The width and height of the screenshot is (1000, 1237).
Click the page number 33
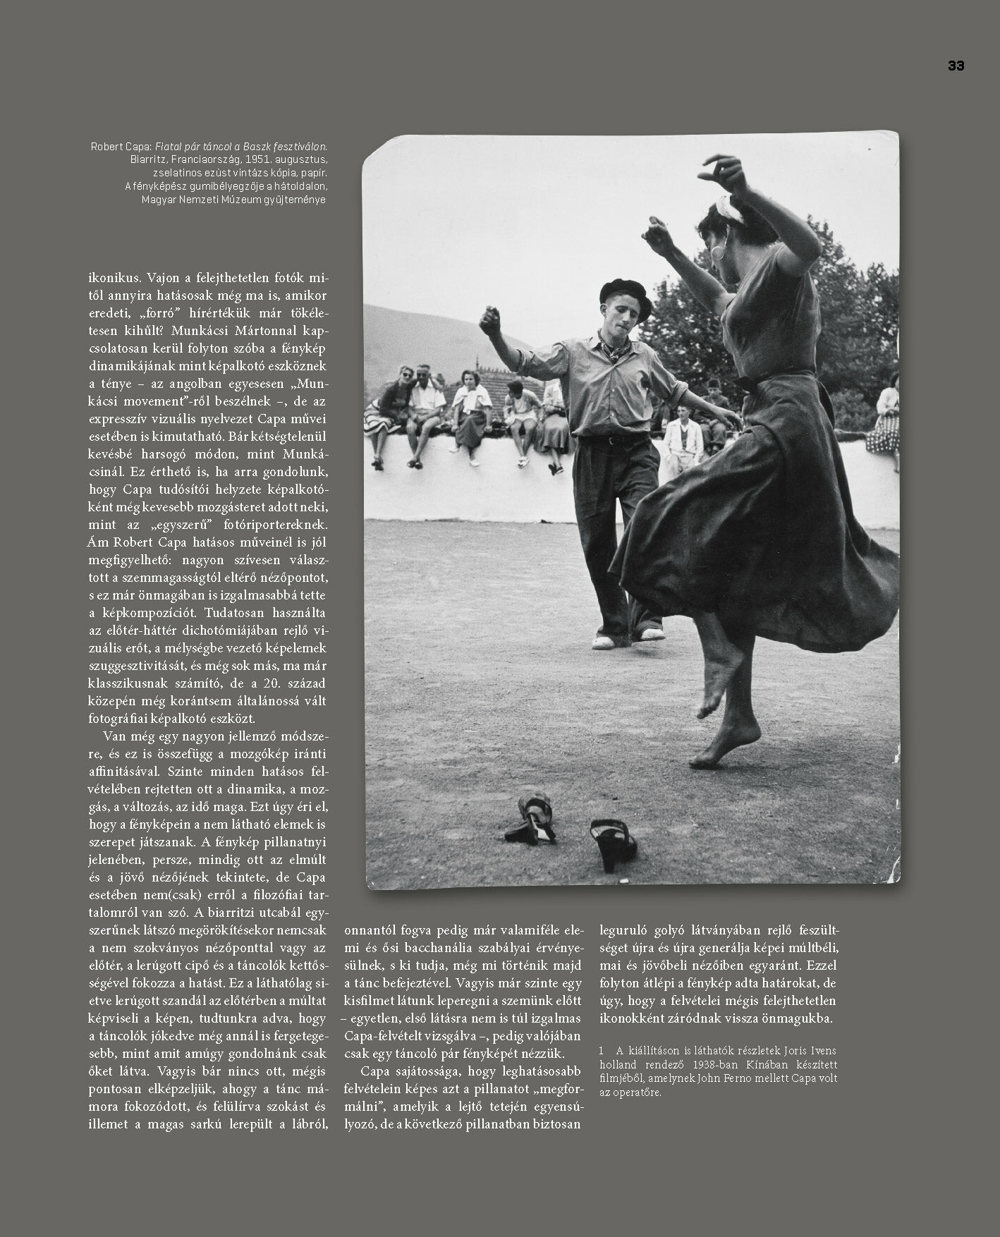click(x=956, y=66)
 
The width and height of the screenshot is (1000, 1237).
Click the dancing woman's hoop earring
click(x=719, y=252)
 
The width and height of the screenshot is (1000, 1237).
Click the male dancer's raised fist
click(x=489, y=319)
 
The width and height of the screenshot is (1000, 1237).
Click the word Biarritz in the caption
click(x=149, y=160)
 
